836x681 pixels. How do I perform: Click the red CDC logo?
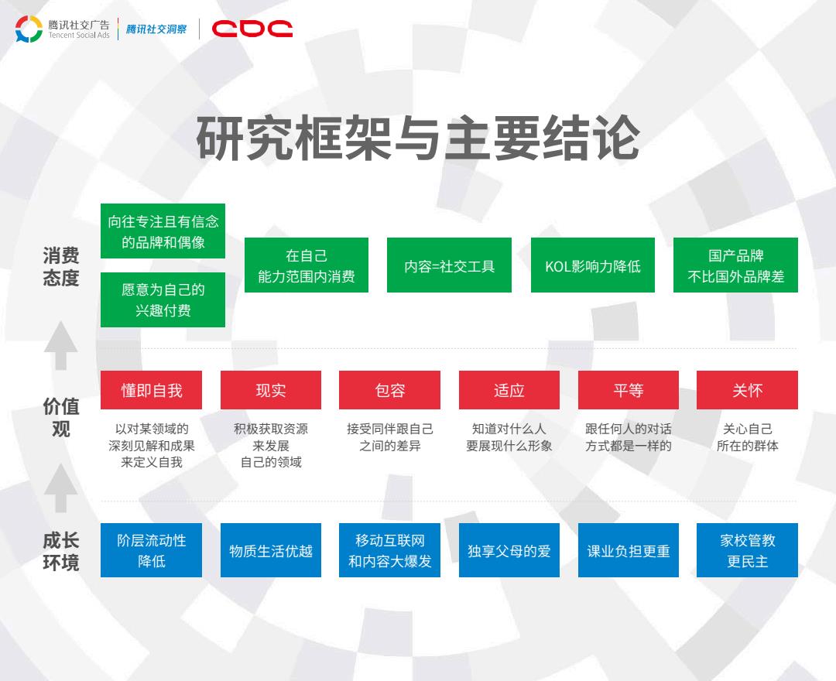tap(252, 29)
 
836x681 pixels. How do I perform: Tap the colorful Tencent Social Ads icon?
tap(29, 29)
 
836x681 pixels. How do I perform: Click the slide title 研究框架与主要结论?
tap(418, 138)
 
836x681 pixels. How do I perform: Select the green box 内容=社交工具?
tap(449, 265)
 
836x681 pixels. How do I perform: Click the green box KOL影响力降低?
tap(592, 265)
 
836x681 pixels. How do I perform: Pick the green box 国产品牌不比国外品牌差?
tap(736, 265)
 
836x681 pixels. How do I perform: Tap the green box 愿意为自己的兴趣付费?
tap(163, 299)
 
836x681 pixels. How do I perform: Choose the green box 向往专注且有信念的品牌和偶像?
tap(163, 231)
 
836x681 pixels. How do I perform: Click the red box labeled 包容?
tap(389, 390)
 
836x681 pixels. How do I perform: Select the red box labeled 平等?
tap(628, 390)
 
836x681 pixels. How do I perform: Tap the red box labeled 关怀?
tap(747, 390)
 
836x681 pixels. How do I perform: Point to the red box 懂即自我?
tap(152, 390)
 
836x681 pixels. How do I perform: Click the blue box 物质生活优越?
tap(271, 550)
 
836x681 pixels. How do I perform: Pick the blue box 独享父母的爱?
tap(509, 550)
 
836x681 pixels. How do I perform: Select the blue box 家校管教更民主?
tap(747, 550)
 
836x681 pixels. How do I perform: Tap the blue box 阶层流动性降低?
tap(152, 550)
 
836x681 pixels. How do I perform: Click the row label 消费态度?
tap(61, 266)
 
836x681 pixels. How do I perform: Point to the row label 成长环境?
tap(61, 551)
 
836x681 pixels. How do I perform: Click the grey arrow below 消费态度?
tap(61, 345)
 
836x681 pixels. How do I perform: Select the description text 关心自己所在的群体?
tap(747, 437)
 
